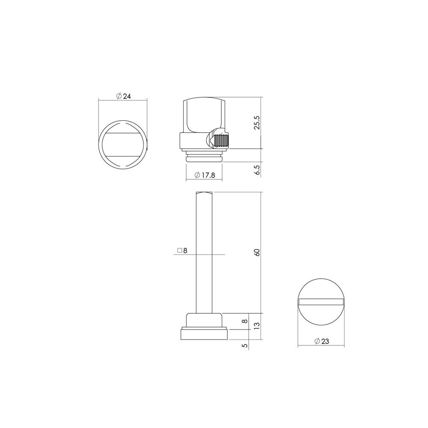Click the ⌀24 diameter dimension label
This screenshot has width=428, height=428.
pos(123,96)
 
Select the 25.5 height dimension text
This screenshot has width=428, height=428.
pos(257,122)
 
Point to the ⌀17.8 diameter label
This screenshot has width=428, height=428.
pos(205,175)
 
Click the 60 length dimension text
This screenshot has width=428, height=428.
pos(257,253)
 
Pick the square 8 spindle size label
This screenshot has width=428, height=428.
pos(182,250)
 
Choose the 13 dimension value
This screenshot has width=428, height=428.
pos(257,325)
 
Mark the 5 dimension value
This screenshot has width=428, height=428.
pos(245,345)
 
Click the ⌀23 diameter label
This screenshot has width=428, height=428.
pos(322,341)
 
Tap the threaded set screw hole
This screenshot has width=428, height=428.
pos(222,140)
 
